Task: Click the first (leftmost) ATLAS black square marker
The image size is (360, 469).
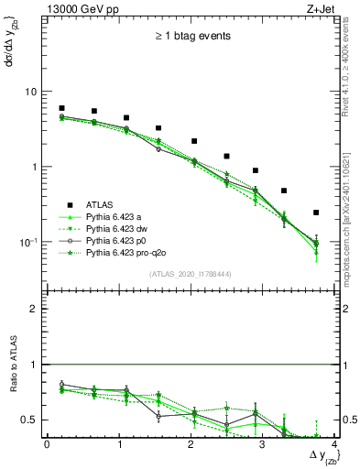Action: pyautogui.click(x=62, y=108)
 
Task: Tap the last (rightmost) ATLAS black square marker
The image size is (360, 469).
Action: pyautogui.click(x=316, y=213)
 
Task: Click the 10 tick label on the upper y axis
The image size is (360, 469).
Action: pyautogui.click(x=30, y=92)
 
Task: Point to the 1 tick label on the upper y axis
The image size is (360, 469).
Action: pyautogui.click(x=34, y=167)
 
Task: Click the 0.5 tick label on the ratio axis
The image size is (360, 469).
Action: pyautogui.click(x=30, y=420)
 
